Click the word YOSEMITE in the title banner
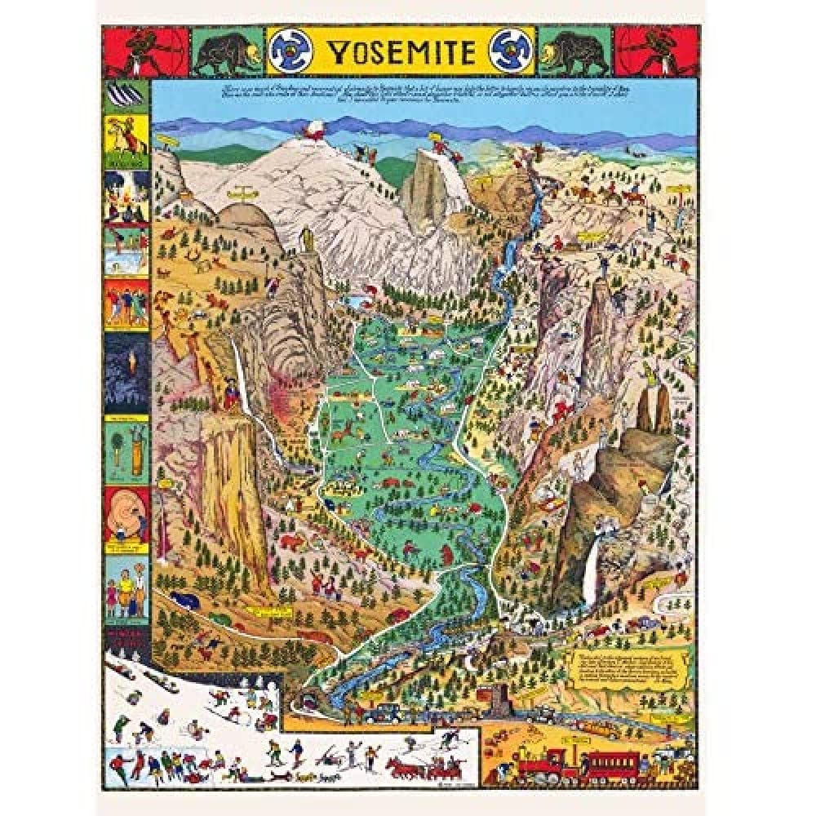[401, 52]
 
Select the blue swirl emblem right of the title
[512, 51]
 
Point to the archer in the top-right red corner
[654, 51]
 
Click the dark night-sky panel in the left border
[126, 372]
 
